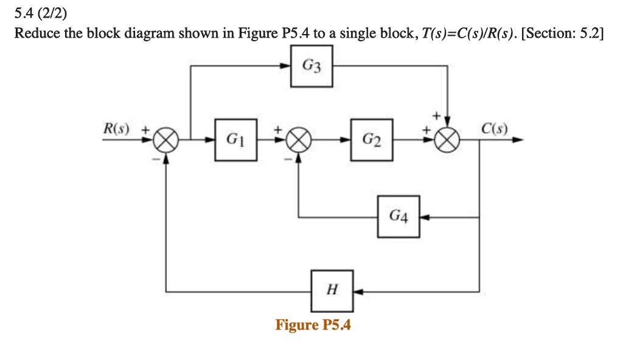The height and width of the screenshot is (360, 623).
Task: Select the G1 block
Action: point(235,140)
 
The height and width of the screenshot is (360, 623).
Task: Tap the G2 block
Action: point(371,140)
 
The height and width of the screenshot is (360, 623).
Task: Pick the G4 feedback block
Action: point(398,216)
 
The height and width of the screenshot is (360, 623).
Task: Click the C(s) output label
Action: point(493,128)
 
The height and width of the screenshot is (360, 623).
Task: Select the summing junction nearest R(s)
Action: point(166,140)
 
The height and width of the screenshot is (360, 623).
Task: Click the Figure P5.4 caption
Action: point(313,325)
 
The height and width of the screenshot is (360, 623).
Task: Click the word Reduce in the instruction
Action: point(37,33)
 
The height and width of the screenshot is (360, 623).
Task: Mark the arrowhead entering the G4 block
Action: point(424,216)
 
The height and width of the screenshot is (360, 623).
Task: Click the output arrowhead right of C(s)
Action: point(517,140)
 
